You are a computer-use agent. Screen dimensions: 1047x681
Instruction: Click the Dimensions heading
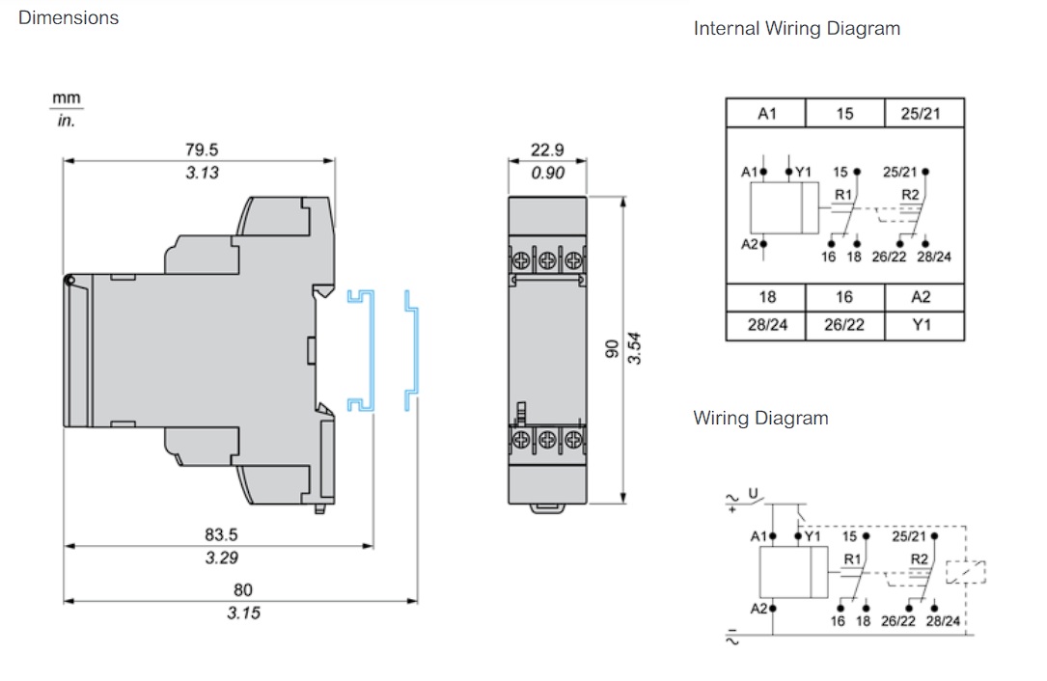(x=69, y=17)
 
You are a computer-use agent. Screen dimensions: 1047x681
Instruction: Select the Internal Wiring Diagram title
(x=797, y=28)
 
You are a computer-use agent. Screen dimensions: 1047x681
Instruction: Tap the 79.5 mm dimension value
(x=202, y=150)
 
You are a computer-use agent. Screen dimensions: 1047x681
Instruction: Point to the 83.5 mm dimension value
(x=221, y=534)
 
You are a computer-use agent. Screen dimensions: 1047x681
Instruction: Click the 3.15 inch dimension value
(x=243, y=613)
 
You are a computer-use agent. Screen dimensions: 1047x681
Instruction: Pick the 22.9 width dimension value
(x=547, y=150)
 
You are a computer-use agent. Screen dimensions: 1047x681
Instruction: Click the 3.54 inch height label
(x=635, y=348)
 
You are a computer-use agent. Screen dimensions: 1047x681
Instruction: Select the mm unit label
(x=67, y=98)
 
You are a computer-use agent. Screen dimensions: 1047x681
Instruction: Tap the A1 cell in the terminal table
(x=766, y=114)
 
